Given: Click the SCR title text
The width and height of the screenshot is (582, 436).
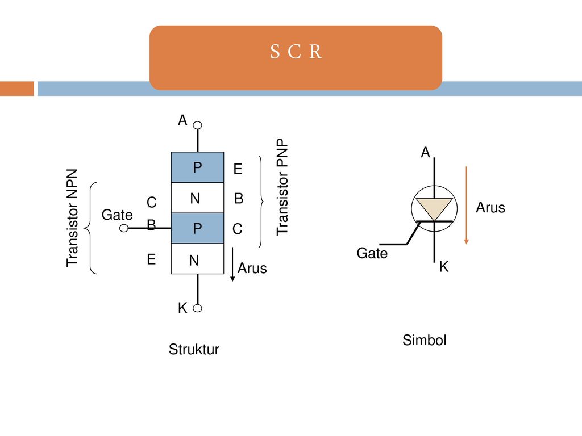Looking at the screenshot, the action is [x=296, y=52].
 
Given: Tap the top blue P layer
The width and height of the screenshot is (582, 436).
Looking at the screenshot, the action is [x=197, y=167].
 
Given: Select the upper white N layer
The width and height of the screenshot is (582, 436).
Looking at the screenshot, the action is [x=197, y=198].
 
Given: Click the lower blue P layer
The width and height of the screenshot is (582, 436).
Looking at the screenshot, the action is [x=197, y=228].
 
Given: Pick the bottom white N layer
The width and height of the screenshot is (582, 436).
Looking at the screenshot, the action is [x=197, y=259].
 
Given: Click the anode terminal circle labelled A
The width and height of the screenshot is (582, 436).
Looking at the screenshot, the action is [x=198, y=125].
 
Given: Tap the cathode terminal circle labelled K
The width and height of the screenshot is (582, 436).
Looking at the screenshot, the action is [x=198, y=308].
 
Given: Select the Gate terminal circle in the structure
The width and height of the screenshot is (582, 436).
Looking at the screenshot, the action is [x=124, y=228].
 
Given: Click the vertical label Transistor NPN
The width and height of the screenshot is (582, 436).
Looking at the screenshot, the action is [x=72, y=218].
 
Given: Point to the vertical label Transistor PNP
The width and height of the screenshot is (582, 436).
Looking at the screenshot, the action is [x=282, y=187].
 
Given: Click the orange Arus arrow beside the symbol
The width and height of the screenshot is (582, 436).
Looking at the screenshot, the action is [x=467, y=206].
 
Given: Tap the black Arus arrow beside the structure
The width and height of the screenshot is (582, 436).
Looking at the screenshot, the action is [x=232, y=265].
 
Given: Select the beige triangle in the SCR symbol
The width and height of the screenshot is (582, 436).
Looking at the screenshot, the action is [x=434, y=209].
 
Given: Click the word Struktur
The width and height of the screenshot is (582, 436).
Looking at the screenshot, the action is [x=194, y=349].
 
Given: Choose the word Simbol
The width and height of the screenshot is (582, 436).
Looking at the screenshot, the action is [x=424, y=340].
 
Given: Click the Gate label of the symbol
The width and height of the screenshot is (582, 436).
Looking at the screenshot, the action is [x=372, y=253].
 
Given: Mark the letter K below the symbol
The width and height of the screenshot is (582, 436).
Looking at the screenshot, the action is [x=444, y=267].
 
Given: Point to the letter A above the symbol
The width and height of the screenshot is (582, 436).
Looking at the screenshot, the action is [x=425, y=152].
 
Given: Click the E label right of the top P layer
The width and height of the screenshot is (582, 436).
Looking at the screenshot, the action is [x=238, y=169].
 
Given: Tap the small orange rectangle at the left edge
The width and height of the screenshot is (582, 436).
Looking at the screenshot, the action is [x=17, y=89].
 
